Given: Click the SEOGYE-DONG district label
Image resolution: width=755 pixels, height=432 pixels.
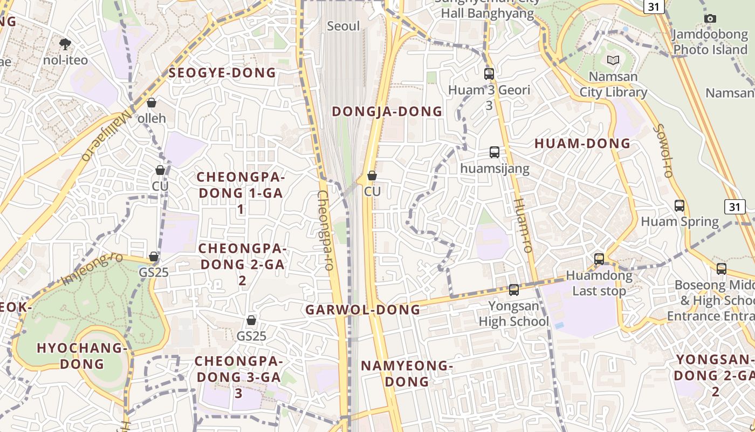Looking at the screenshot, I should [x=222, y=73].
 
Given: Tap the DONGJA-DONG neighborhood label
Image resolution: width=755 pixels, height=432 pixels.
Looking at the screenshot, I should [x=387, y=112].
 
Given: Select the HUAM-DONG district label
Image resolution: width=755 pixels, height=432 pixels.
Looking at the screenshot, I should [x=582, y=144].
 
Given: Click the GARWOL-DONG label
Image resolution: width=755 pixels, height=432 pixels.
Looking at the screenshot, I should [x=362, y=310].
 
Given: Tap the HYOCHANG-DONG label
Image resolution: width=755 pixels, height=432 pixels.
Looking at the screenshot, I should [x=82, y=356].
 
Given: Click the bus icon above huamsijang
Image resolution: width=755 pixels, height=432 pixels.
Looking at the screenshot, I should [x=495, y=152].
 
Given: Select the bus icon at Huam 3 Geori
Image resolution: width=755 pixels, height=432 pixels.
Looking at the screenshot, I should [x=489, y=74].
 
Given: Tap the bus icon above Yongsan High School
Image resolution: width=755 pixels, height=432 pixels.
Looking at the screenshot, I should [x=514, y=290].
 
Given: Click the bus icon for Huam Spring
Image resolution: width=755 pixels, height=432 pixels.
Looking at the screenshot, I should [x=679, y=206].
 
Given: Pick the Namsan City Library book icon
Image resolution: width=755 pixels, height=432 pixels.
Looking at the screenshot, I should [x=613, y=60].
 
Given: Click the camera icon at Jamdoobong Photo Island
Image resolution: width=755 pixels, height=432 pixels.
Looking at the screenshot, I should [x=710, y=19].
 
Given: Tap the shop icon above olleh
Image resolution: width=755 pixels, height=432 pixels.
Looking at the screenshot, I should [x=152, y=103].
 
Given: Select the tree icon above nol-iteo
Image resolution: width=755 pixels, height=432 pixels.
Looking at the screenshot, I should [x=65, y=43].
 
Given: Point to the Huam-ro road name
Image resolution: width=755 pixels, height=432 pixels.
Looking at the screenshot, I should [x=523, y=226].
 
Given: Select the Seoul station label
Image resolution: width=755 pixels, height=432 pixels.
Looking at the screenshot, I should [x=343, y=26].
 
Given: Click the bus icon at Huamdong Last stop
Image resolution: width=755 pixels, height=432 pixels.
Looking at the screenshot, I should [x=599, y=259].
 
